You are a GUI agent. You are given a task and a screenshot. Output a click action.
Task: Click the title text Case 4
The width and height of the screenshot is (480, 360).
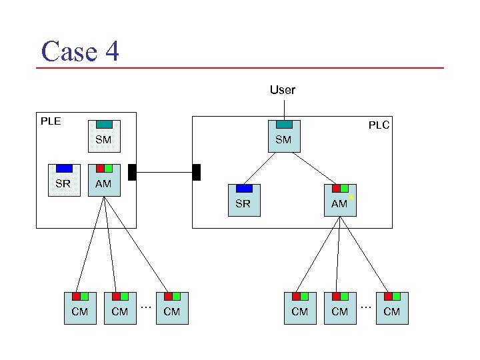(80, 51)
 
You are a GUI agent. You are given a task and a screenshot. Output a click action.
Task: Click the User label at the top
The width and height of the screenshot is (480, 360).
(282, 89)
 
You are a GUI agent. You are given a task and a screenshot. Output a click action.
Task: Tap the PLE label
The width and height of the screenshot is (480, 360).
(51, 121)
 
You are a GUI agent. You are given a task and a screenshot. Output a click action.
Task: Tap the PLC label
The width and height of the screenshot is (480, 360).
(379, 125)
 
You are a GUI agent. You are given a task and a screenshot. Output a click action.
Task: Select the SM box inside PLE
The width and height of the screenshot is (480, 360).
(103, 137)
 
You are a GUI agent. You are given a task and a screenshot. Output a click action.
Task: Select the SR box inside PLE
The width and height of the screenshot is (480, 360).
(63, 181)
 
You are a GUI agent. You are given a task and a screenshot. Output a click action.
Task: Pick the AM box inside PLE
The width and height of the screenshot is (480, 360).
(103, 181)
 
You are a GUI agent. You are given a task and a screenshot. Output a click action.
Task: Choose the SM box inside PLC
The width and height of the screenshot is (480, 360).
(284, 137)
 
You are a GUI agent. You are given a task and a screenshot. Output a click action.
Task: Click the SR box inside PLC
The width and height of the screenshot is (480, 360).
(243, 200)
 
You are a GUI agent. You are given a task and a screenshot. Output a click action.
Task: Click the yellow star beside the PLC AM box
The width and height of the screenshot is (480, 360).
(351, 198)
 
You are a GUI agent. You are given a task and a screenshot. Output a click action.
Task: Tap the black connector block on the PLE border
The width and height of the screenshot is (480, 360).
(132, 172)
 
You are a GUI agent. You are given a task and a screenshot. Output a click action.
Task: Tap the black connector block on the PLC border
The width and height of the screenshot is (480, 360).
(196, 172)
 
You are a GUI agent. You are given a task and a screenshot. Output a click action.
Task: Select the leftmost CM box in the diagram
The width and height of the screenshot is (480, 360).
(80, 308)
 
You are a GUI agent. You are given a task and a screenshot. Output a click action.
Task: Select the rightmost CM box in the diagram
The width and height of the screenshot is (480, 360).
(392, 308)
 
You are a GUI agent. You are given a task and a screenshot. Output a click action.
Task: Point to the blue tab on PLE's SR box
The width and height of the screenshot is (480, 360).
(64, 168)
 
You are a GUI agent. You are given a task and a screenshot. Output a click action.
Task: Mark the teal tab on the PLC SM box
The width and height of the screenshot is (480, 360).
(284, 124)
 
